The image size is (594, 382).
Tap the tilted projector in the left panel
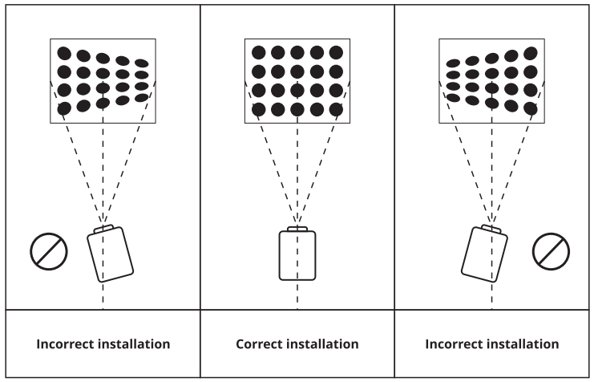tap(110, 254)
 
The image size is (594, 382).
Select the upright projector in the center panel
tap(297, 255)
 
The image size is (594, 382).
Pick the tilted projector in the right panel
tap(486, 253)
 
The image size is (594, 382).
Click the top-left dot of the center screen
tap(259, 52)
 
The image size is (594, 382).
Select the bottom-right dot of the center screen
tap(336, 109)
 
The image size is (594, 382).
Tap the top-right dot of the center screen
tap(336, 52)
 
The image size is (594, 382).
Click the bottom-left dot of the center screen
tap(259, 109)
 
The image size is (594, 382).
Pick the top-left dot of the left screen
tap(64, 54)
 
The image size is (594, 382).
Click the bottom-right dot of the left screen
tap(141, 98)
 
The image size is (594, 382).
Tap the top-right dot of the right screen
tap(531, 53)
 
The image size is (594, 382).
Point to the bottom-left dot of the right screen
tap(453, 98)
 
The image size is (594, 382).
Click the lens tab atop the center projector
tap(297, 229)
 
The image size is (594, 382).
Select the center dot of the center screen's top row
tap(297, 52)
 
